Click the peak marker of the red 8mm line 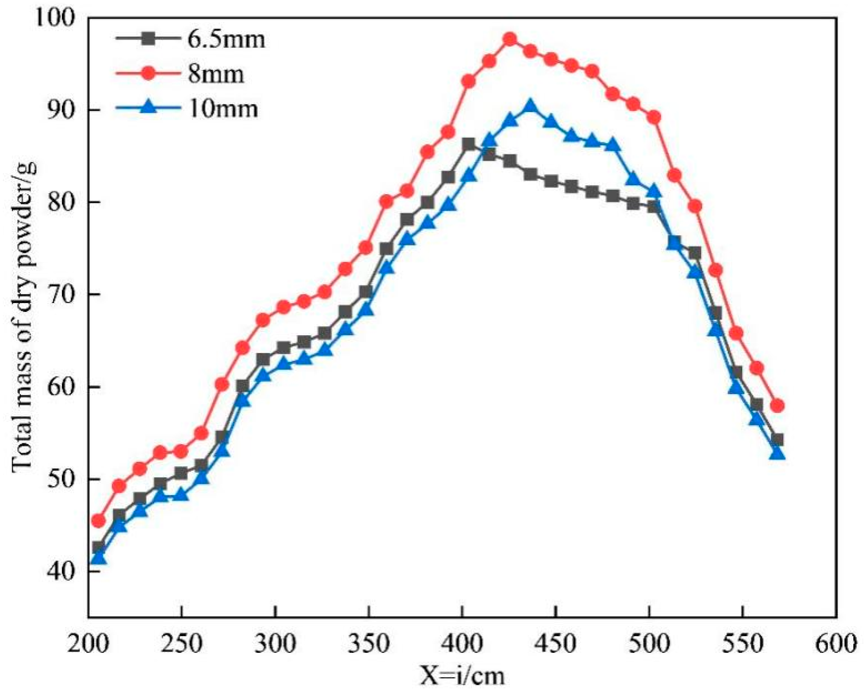510,40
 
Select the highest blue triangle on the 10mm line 530,106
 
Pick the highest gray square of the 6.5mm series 469,144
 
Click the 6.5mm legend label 226,40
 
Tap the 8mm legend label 216,75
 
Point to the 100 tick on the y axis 55,18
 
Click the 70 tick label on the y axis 61,294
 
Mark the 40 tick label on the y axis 61,571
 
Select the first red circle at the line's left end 98,520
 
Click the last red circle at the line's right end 778,406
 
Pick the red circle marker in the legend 150,75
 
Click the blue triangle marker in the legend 150,108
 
